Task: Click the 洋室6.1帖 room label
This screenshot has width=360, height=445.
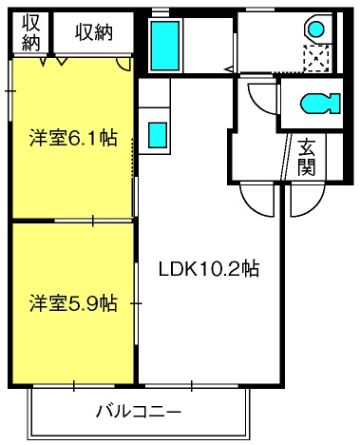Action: [73, 138]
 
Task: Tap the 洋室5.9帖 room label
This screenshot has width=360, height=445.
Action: [73, 303]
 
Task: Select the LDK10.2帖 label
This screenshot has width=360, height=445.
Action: [209, 269]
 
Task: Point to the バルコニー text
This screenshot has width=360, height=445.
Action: [139, 412]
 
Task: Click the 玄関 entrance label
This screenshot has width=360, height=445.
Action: [307, 157]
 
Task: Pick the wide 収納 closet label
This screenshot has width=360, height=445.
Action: [94, 32]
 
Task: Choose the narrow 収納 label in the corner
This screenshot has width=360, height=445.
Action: [30, 32]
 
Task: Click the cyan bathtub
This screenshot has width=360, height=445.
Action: [165, 45]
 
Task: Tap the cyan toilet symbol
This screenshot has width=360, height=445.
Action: [320, 103]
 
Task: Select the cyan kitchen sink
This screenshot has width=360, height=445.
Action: [158, 135]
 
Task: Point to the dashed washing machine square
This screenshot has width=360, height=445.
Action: [316, 58]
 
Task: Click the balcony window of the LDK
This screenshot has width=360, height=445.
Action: [192, 386]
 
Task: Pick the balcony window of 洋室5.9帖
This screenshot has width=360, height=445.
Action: [73, 386]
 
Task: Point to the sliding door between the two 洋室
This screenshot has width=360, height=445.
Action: [93, 221]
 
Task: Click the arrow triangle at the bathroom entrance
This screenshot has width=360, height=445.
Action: [229, 68]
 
